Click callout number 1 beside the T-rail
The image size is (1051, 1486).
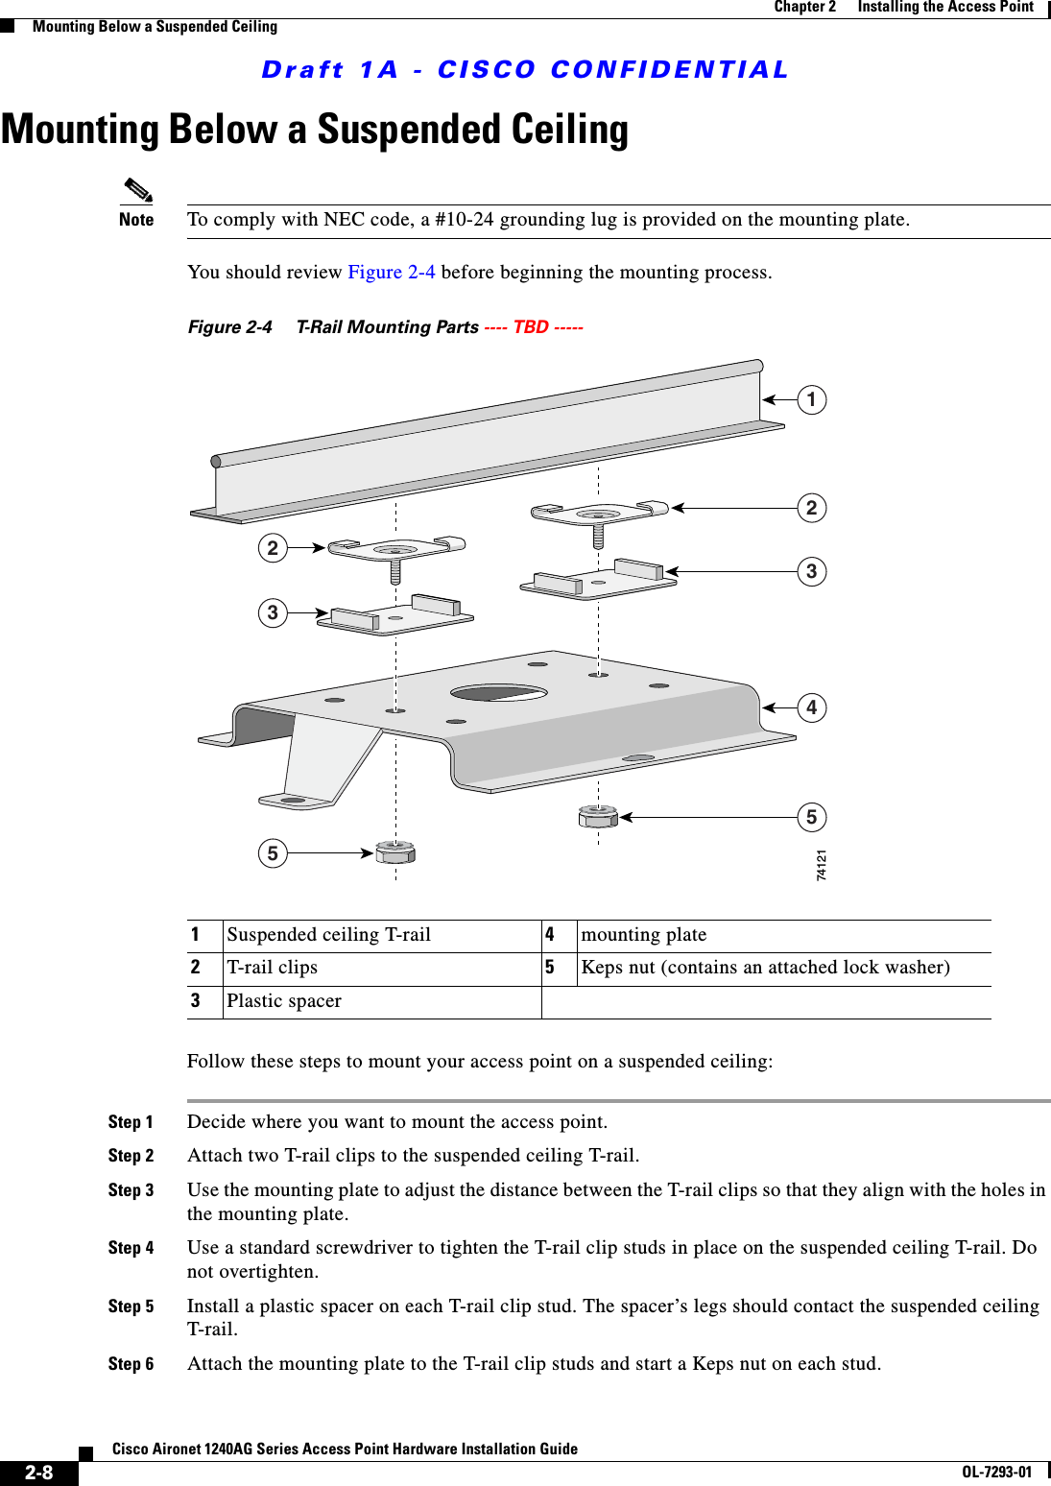pyautogui.click(x=811, y=399)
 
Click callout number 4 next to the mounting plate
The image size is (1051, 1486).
pyautogui.click(x=811, y=707)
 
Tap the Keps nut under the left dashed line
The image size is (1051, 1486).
pyautogui.click(x=395, y=851)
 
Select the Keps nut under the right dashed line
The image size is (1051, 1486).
pyautogui.click(x=598, y=817)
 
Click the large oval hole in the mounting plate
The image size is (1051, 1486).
pyautogui.click(x=498, y=692)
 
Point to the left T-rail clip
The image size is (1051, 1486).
pyautogui.click(x=395, y=550)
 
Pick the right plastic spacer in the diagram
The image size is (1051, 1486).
pyautogui.click(x=598, y=579)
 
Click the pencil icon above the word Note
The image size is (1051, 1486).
pyautogui.click(x=138, y=190)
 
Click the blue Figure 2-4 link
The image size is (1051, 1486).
pyautogui.click(x=391, y=272)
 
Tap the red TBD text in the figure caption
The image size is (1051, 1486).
pyautogui.click(x=531, y=326)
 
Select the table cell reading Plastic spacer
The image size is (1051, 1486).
pyautogui.click(x=284, y=1001)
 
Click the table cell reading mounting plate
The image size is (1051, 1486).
pyautogui.click(x=644, y=935)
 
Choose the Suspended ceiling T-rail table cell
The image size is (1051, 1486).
pyautogui.click(x=328, y=935)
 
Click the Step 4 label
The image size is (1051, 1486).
pyautogui.click(x=131, y=1248)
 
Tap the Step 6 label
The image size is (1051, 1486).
pyautogui.click(x=131, y=1364)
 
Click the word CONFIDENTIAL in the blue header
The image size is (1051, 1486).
pyautogui.click(x=669, y=70)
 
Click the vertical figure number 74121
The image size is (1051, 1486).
pyautogui.click(x=822, y=865)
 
